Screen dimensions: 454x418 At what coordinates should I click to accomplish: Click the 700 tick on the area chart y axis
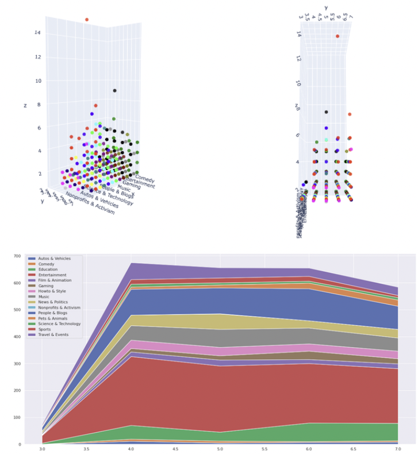(x=17, y=256)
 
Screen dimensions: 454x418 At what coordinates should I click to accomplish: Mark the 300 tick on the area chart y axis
(x=17, y=364)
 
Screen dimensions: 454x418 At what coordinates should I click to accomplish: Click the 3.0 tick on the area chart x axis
(x=43, y=449)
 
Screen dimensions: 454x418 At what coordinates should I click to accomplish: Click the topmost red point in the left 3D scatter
(x=87, y=20)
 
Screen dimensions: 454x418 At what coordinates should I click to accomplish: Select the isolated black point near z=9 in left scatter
(x=114, y=91)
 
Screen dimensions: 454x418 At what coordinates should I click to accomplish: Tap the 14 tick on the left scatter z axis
(x=37, y=33)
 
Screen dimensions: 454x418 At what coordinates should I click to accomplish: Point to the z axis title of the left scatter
(x=25, y=106)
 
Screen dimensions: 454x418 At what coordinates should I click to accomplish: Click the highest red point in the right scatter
(x=338, y=36)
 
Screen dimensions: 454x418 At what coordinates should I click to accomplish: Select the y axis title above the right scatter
(x=326, y=7)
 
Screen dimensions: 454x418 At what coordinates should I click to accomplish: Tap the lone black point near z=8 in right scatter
(x=326, y=112)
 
